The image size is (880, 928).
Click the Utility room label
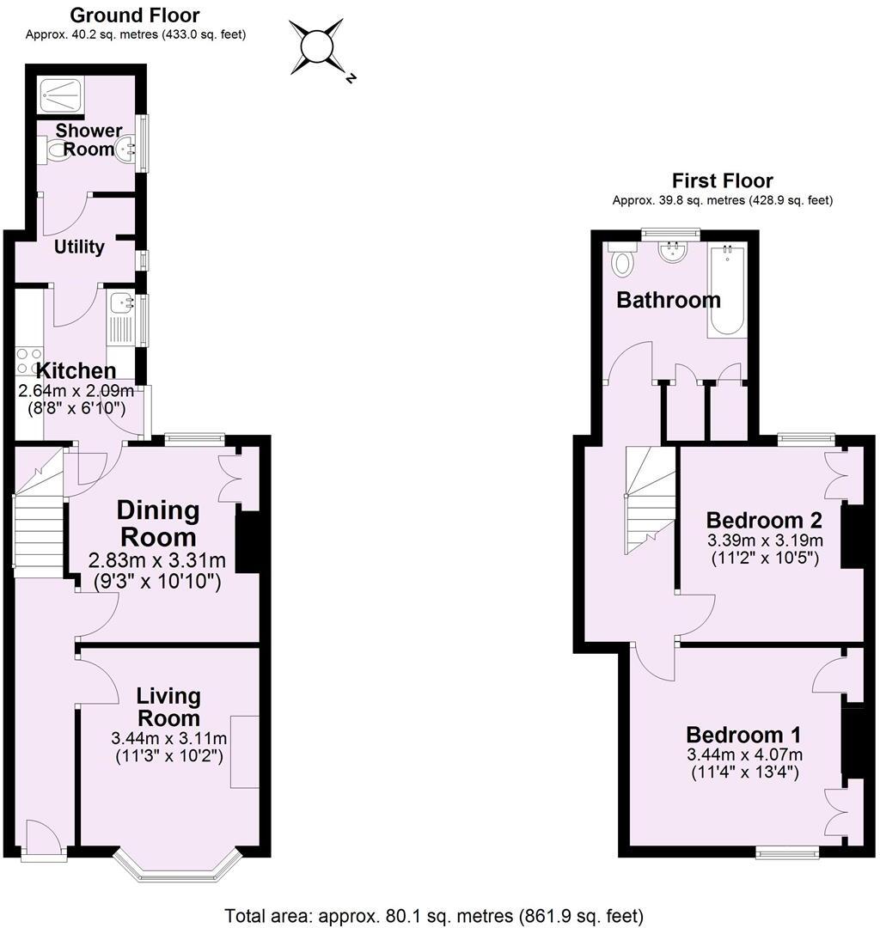pos(79,247)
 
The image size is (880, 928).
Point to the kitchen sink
pos(121,303)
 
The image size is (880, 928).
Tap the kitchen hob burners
pos(27,361)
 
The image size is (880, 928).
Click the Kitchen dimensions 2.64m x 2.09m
pos(76,391)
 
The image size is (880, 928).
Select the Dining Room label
pos(158,523)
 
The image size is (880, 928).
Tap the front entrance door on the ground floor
pos(43,837)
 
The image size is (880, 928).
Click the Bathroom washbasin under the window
pos(672,252)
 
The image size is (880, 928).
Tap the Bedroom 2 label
pos(764,521)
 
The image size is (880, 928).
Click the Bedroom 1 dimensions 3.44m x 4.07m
pos(743,755)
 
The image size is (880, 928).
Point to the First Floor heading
pos(722,180)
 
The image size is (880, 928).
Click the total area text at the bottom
pos(434,915)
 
